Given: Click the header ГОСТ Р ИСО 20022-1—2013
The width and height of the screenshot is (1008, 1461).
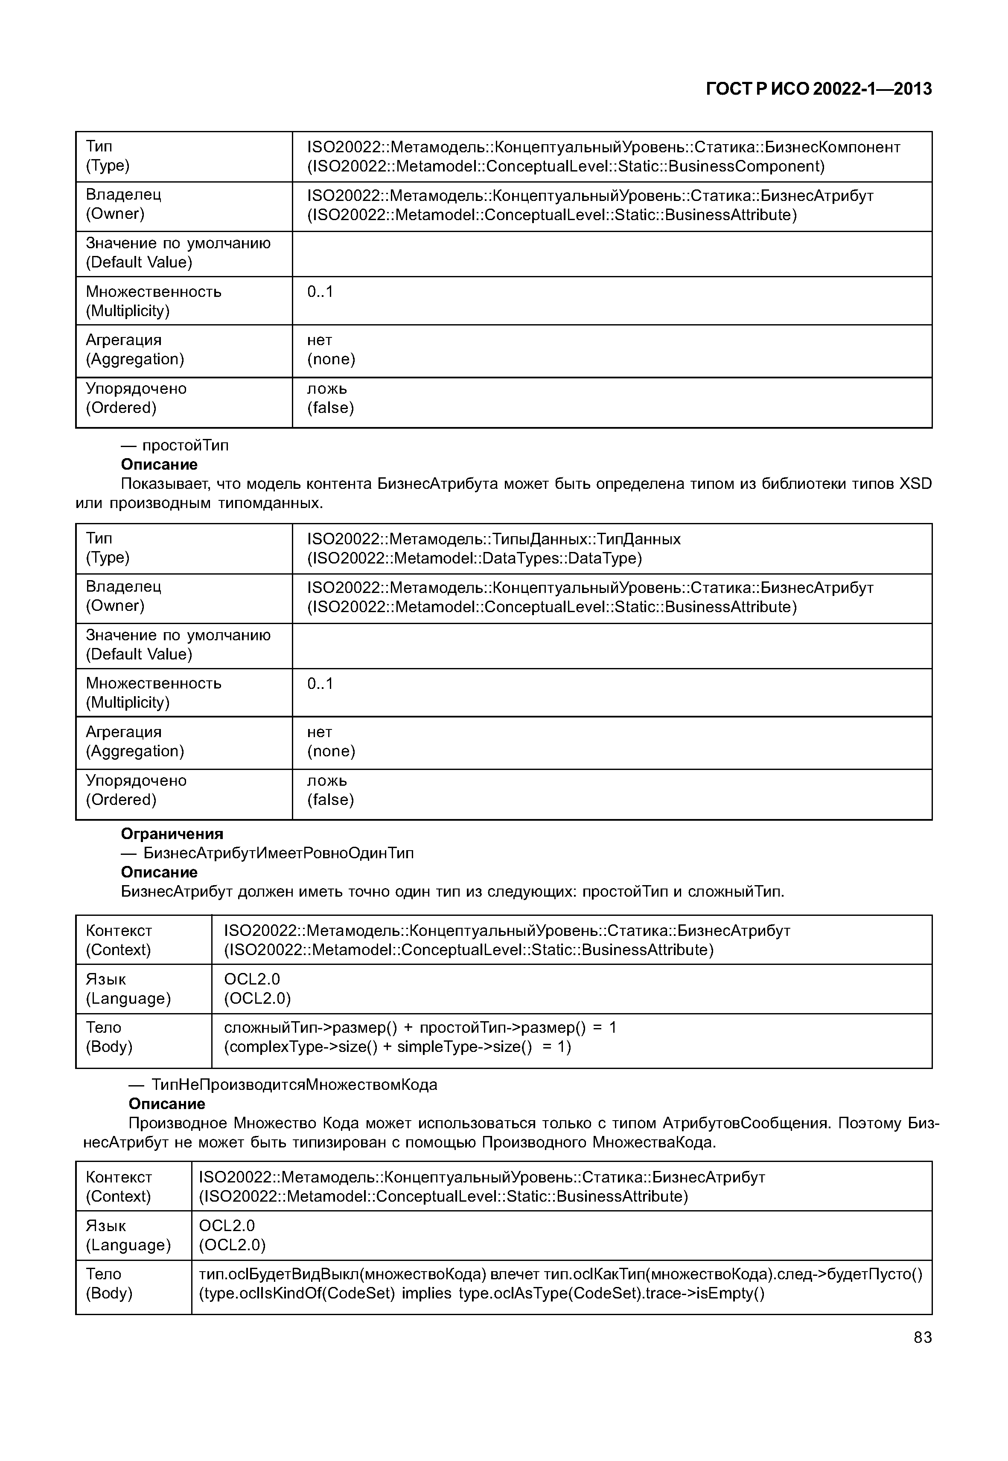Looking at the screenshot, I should coord(818,89).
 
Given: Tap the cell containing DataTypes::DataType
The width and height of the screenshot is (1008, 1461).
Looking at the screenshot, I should coord(474,558).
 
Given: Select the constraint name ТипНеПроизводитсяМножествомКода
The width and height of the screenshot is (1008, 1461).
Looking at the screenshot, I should coord(294,1085).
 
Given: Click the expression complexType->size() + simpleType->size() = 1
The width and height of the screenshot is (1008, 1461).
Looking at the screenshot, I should coord(397,1047).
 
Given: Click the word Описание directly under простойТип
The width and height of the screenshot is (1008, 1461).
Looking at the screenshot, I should coord(159,465).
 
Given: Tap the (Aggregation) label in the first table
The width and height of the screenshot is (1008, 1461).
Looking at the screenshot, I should coord(134,359).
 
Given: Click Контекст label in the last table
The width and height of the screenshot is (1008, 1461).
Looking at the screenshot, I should coord(119,1177).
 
